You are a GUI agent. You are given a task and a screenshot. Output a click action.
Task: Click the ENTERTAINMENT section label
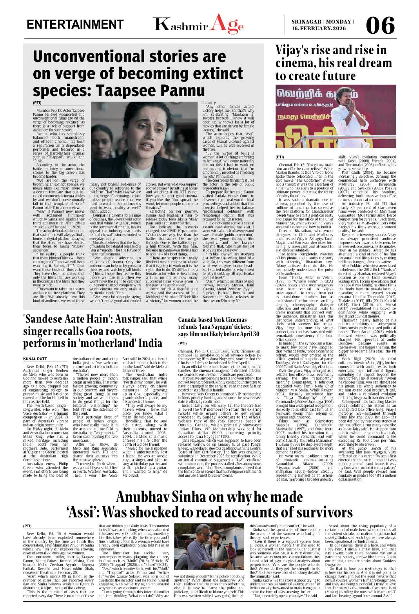(x=75, y=24)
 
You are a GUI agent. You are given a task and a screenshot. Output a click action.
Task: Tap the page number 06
(x=380, y=26)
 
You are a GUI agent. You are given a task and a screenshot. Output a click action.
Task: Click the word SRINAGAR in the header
(x=306, y=22)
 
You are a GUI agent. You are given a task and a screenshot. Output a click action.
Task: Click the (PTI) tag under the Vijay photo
(x=280, y=157)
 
